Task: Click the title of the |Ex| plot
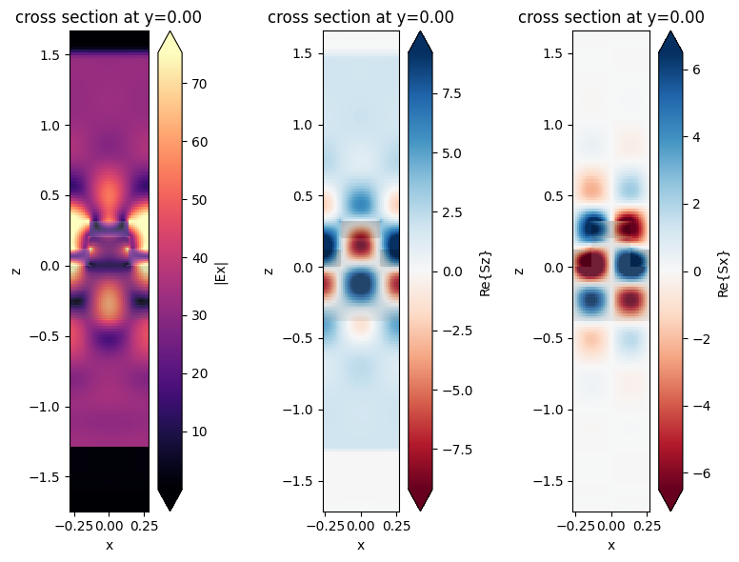coord(109,17)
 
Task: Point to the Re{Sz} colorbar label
coord(486,271)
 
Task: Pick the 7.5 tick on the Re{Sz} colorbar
coord(453,93)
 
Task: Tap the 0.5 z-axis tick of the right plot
coord(553,196)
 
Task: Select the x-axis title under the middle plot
coord(360,545)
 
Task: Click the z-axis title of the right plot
coord(520,271)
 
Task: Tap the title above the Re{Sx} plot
coord(610,17)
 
